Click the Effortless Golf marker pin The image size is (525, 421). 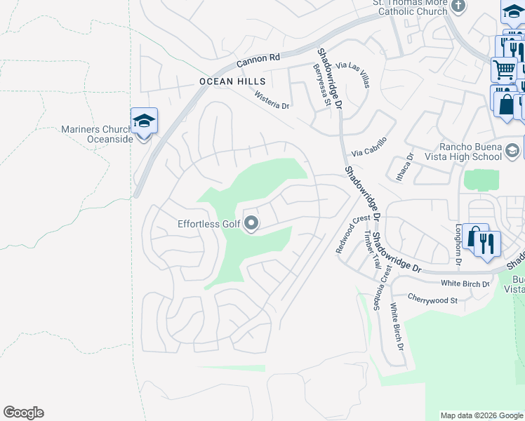coord(251,224)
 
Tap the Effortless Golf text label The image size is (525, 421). coord(208,225)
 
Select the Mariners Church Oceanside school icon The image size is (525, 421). coord(144,122)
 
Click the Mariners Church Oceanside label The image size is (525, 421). coord(97,134)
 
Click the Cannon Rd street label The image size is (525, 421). coord(258,62)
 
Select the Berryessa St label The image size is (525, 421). coord(321,84)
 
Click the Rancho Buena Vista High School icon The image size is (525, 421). coord(512,151)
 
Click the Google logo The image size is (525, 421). coord(23,413)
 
